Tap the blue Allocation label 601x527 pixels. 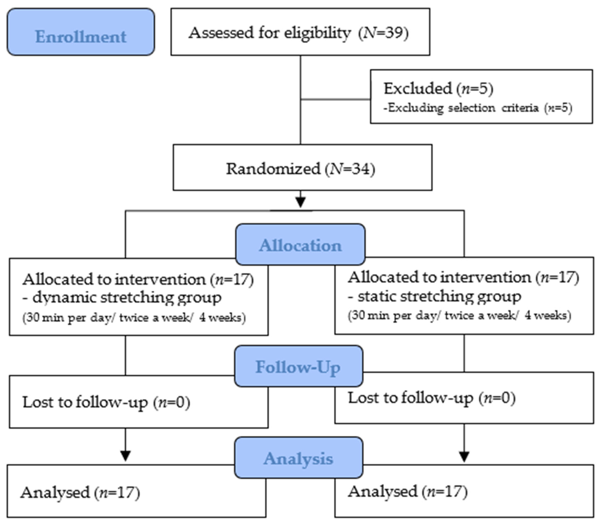[300, 245]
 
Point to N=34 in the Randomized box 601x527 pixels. [350, 169]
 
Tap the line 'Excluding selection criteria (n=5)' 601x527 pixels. [478, 108]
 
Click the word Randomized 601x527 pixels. [273, 169]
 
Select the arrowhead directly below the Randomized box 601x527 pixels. [300, 202]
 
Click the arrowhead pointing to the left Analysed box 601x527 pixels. [125, 456]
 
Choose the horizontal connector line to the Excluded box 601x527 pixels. [335, 99]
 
